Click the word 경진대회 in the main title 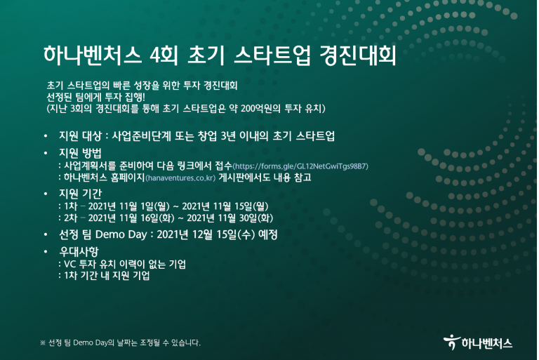tap(358, 55)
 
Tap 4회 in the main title tap(164, 55)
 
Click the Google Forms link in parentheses tap(301, 166)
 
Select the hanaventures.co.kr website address tap(180, 178)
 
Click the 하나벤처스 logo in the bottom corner tap(478, 342)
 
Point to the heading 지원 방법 tap(80, 153)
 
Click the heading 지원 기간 tap(80, 194)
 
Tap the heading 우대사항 tap(79, 251)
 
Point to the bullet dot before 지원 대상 tap(46, 136)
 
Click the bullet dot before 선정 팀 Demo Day tap(46, 234)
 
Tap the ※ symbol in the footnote tap(43, 343)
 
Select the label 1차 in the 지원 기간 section tap(70, 206)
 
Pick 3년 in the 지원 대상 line tap(227, 136)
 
